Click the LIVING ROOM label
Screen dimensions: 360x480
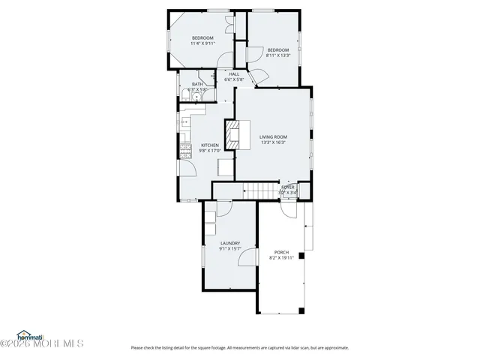click(x=273, y=136)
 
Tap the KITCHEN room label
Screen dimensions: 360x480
click(x=210, y=145)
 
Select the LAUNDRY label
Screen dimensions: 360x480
click(x=229, y=243)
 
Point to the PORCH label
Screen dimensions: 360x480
click(x=281, y=252)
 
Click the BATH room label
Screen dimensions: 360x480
click(x=197, y=84)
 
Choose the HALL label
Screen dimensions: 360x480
click(x=234, y=74)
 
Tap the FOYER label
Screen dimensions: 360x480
click(x=288, y=187)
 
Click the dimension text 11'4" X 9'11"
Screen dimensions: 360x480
click(x=202, y=43)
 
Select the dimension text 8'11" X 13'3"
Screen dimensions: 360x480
click(x=283, y=55)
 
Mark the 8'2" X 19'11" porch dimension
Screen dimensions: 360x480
click(x=281, y=257)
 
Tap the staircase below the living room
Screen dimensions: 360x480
click(x=259, y=191)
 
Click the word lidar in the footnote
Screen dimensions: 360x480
click(x=291, y=347)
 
